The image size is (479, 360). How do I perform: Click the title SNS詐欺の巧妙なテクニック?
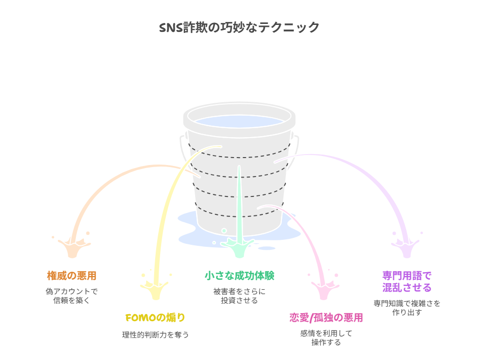pyautogui.click(x=239, y=27)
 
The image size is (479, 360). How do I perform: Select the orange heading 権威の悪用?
pyautogui.click(x=72, y=275)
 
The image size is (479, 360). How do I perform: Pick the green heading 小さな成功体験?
pyautogui.click(x=239, y=275)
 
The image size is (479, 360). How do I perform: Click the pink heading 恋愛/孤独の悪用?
pyautogui.click(x=326, y=318)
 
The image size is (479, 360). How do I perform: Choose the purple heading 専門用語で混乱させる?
pyautogui.click(x=407, y=282)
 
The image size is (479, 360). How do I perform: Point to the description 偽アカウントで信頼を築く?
pyautogui.click(x=72, y=296)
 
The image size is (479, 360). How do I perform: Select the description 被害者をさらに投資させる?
pyautogui.click(x=239, y=296)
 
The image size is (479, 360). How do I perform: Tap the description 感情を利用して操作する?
pyautogui.click(x=326, y=338)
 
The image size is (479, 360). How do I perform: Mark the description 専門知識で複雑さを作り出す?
pyautogui.click(x=407, y=308)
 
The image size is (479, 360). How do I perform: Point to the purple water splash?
pyautogui.click(x=405, y=247)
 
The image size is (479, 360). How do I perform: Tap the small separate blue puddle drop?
pyautogui.click(x=267, y=248)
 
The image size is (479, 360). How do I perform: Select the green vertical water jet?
pyautogui.click(x=239, y=199)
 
